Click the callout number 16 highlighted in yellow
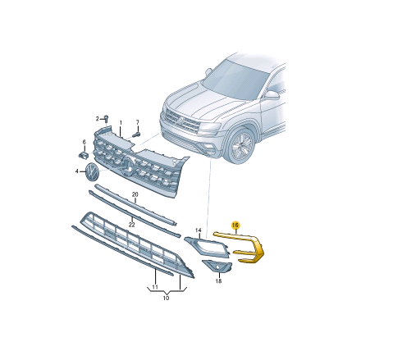(235, 226)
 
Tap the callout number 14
(199, 230)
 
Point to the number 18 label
(218, 280)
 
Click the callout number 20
(135, 194)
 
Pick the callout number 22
(132, 225)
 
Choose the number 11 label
(155, 287)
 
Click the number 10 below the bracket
(166, 298)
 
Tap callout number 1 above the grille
(121, 123)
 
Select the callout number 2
(97, 119)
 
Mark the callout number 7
(138, 122)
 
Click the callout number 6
(85, 142)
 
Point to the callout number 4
(77, 171)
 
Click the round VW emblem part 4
(92, 171)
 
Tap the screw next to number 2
(107, 119)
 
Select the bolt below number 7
(136, 134)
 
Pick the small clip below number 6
(83, 155)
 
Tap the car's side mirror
(272, 95)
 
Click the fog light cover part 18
(217, 267)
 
